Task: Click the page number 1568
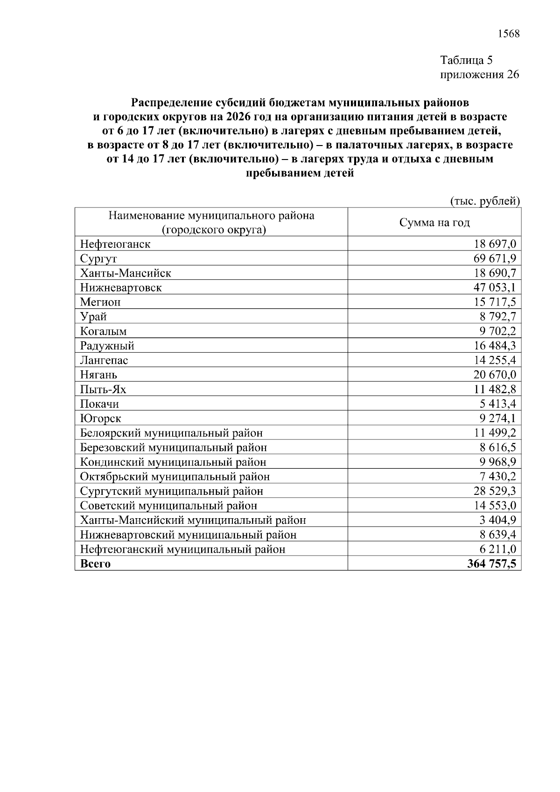click(509, 34)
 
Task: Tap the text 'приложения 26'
click(480, 75)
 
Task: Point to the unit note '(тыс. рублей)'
click(485, 201)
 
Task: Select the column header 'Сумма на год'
click(434, 222)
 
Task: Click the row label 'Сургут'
click(98, 259)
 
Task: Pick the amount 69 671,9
click(495, 258)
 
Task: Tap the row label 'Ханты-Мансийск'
click(126, 273)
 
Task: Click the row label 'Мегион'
click(100, 302)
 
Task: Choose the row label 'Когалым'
click(103, 331)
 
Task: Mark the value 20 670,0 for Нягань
click(495, 375)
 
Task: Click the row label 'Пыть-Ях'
click(103, 389)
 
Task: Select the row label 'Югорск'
click(101, 418)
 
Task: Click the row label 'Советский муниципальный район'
click(168, 506)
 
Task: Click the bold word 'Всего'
click(96, 563)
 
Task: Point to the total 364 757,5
click(492, 563)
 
